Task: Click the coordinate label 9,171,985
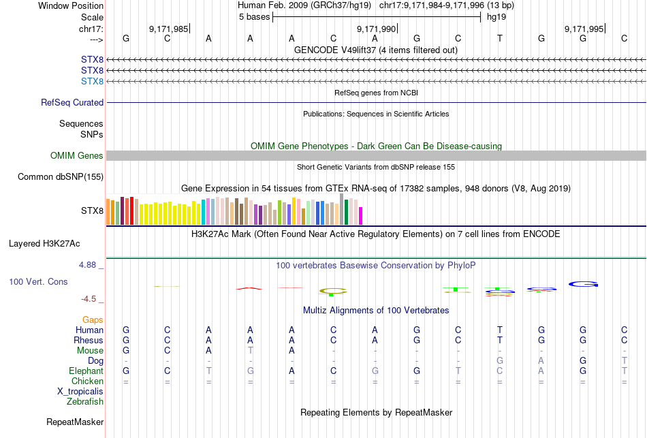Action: pyautogui.click(x=168, y=29)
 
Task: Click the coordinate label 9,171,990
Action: pyautogui.click(x=376, y=29)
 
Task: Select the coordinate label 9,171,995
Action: pyautogui.click(x=584, y=29)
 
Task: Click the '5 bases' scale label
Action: pyautogui.click(x=254, y=17)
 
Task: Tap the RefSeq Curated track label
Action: pyautogui.click(x=72, y=102)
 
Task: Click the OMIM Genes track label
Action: pyautogui.click(x=77, y=156)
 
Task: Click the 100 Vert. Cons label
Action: pyautogui.click(x=38, y=281)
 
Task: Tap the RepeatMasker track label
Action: pyautogui.click(x=75, y=422)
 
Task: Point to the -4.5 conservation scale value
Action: pyautogui.click(x=91, y=298)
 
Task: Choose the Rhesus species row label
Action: pyautogui.click(x=89, y=341)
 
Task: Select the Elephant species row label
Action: pyautogui.click(x=86, y=371)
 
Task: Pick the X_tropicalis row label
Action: pyautogui.click(x=80, y=392)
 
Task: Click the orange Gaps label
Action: pyautogui.click(x=93, y=319)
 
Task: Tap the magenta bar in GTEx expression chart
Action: pyautogui.click(x=361, y=215)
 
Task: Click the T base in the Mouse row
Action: pyautogui.click(x=251, y=351)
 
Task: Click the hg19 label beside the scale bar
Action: pyautogui.click(x=496, y=17)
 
